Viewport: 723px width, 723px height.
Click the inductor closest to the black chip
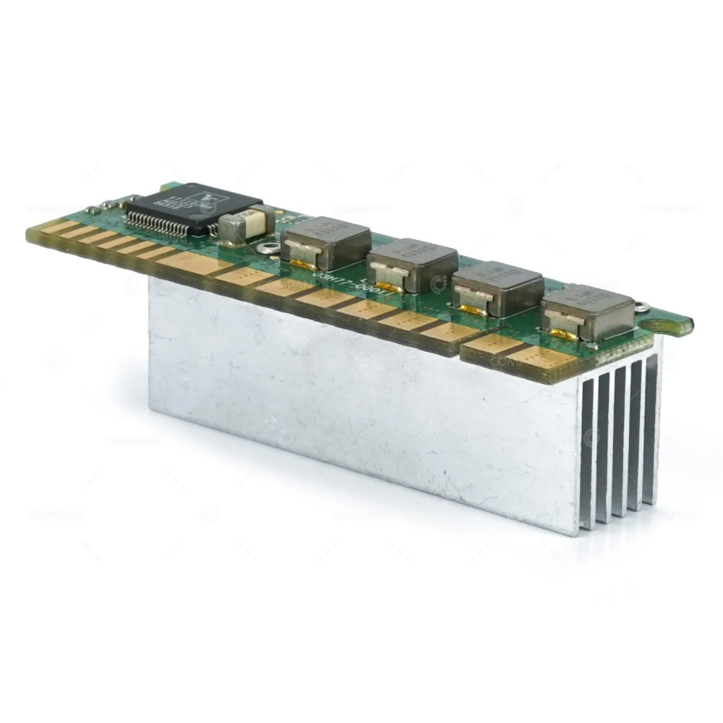(x=325, y=239)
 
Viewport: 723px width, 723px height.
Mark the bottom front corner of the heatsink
(x=578, y=534)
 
